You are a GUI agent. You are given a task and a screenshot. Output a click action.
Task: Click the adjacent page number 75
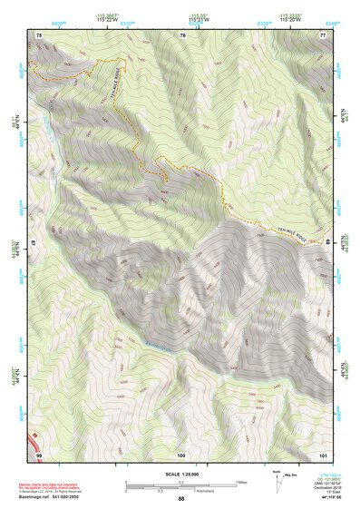tap(39, 34)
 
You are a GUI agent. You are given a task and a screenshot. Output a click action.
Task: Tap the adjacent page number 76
tap(182, 34)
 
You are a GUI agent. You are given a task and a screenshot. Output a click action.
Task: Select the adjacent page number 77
tap(322, 34)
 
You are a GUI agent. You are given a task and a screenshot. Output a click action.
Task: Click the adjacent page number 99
tap(39, 453)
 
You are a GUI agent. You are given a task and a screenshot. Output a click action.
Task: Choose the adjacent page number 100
tap(181, 453)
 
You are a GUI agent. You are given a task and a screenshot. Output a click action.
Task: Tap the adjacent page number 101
tap(322, 453)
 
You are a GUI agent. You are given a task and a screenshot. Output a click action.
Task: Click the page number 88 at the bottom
tap(180, 498)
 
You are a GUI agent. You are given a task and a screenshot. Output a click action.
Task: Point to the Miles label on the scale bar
tap(239, 482)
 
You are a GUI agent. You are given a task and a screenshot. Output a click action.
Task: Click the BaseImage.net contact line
tap(51, 497)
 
